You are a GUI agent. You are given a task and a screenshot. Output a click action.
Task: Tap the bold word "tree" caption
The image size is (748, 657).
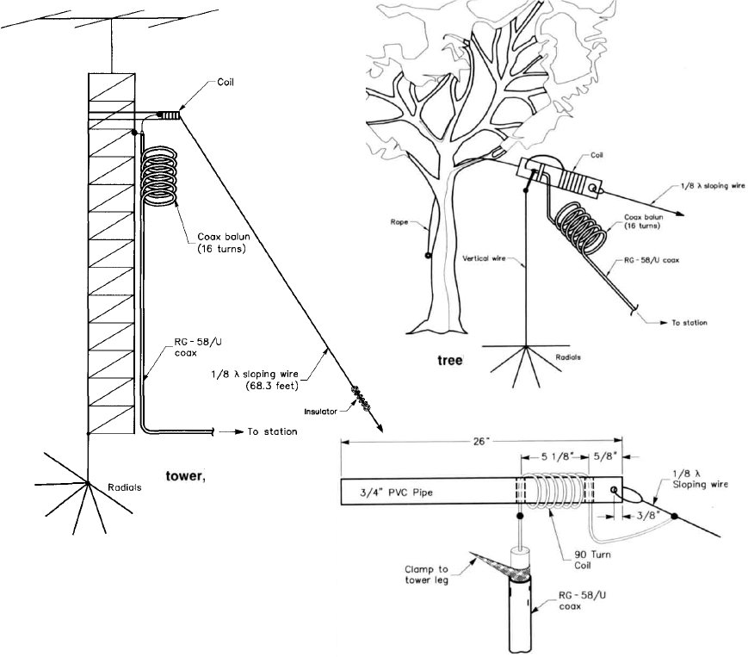(449, 360)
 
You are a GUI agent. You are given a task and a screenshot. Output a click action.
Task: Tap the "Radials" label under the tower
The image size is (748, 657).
(125, 487)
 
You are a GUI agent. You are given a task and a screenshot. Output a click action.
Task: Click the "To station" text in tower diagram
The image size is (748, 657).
(272, 431)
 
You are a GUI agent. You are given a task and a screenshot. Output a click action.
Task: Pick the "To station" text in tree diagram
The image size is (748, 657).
(689, 322)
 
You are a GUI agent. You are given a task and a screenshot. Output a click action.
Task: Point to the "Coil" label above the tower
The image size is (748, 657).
(225, 84)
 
